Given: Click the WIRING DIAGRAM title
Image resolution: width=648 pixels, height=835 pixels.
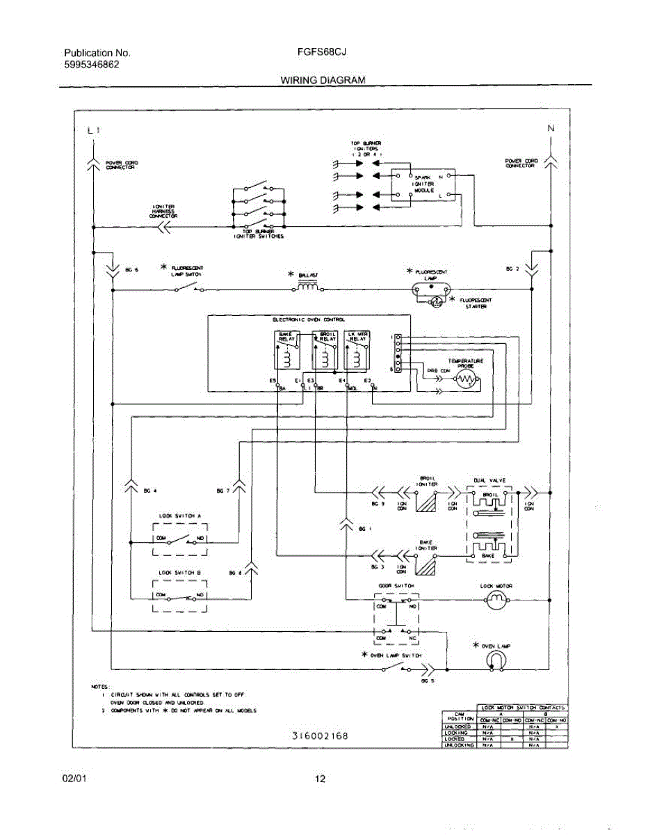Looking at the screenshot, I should (x=322, y=80).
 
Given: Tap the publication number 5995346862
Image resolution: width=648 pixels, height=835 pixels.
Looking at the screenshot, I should (x=91, y=65).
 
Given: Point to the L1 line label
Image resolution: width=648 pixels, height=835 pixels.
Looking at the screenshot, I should (x=94, y=130).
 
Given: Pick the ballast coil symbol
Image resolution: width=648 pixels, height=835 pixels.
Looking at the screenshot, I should (x=308, y=286).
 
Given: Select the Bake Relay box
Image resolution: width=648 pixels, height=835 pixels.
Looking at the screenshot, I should (x=287, y=349).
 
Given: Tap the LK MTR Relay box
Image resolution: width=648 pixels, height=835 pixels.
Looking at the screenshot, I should (x=358, y=349).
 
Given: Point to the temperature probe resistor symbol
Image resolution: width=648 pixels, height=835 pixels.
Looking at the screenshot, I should (x=465, y=380).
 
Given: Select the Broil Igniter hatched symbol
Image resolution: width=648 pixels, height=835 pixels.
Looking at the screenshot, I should (x=426, y=501).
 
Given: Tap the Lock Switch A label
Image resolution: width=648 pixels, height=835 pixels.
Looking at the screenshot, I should (x=179, y=516).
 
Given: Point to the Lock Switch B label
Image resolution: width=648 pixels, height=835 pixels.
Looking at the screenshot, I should (x=179, y=572).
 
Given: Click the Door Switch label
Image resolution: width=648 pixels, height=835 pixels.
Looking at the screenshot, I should (x=396, y=586).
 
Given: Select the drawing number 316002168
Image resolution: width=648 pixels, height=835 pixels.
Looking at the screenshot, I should (x=320, y=735).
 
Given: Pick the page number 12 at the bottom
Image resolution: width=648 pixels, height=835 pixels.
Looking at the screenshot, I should (x=320, y=779).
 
